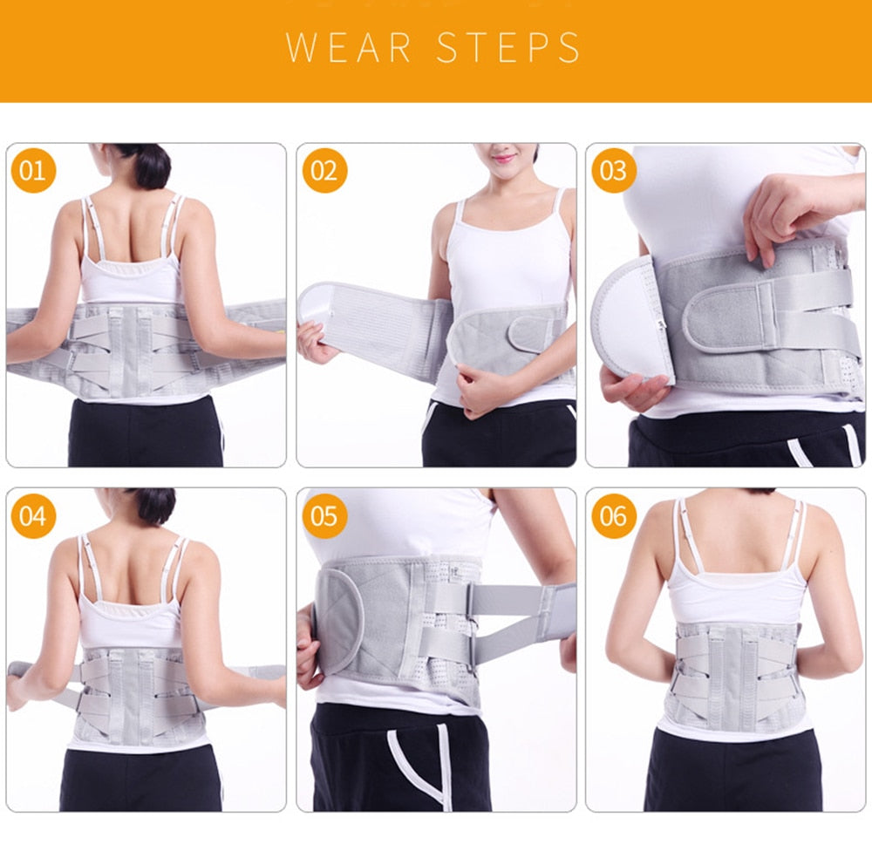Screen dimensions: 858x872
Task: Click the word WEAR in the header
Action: [x=348, y=47]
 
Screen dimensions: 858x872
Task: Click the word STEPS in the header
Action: [x=508, y=47]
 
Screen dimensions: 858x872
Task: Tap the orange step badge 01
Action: [x=33, y=171]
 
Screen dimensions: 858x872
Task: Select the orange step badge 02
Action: [x=324, y=171]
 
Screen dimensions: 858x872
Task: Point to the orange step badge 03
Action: [x=614, y=171]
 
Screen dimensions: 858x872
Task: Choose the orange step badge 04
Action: [x=33, y=515]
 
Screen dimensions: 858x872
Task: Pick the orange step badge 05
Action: [x=324, y=515]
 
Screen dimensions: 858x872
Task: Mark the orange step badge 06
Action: [x=614, y=515]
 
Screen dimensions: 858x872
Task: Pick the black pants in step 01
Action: [x=145, y=432]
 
